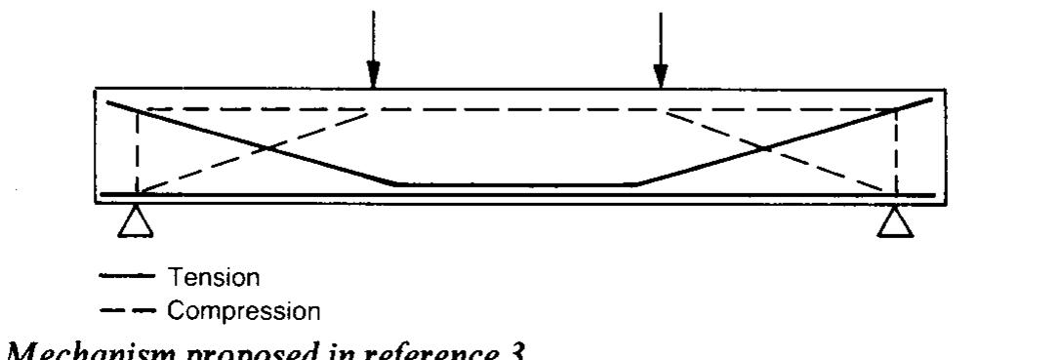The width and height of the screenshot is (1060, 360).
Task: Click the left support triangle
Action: click(x=138, y=223)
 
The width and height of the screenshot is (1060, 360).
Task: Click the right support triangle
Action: click(x=895, y=223)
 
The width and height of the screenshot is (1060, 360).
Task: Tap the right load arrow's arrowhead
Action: click(x=661, y=74)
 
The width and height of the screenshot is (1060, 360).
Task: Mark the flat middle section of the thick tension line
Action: click(x=515, y=183)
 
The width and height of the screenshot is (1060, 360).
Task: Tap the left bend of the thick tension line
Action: click(x=393, y=182)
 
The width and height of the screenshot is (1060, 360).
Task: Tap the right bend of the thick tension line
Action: click(x=637, y=182)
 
